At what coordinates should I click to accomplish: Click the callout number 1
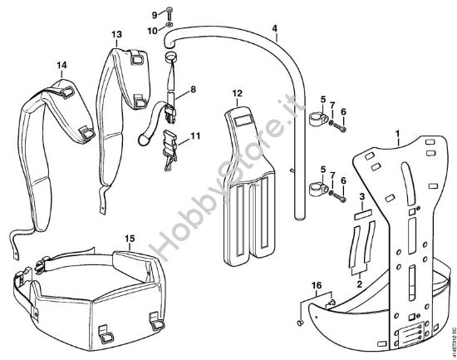[398, 133]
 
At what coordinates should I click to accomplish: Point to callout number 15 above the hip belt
[130, 239]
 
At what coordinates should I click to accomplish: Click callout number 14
[61, 64]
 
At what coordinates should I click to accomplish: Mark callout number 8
[193, 89]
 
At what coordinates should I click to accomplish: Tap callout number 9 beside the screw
[155, 15]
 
